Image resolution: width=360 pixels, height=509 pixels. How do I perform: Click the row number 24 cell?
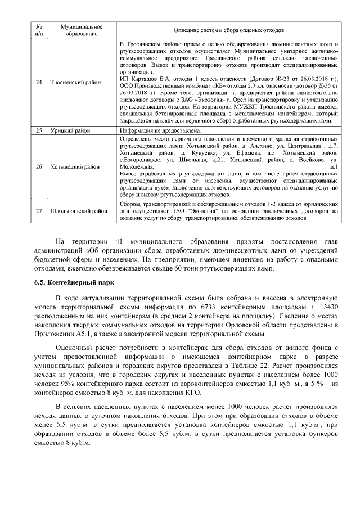pos(39,83)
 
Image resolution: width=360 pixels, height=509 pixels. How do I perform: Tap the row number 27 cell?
pos(39,211)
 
